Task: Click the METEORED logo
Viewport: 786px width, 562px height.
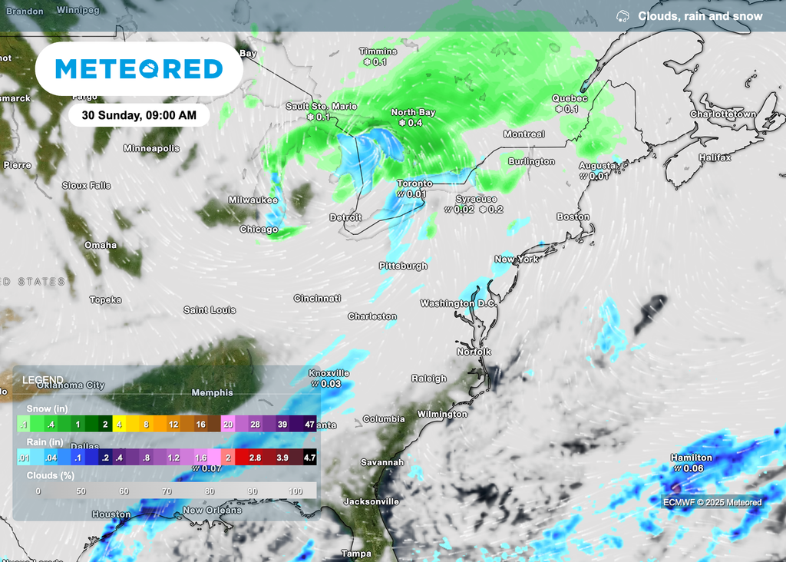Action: (139, 69)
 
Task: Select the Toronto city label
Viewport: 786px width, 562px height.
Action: (414, 183)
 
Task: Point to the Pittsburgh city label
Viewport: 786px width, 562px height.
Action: (403, 266)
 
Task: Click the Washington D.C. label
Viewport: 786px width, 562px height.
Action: (458, 303)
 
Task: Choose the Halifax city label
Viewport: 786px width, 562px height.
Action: (715, 157)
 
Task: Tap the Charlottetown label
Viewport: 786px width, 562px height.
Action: (722, 114)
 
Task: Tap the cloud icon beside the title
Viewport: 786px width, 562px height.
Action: (623, 16)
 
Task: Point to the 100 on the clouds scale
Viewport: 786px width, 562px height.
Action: (296, 491)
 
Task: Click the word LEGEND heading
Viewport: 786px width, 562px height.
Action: (43, 380)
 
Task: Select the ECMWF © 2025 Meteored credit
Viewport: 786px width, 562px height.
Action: (713, 503)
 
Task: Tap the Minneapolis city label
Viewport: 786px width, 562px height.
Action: (151, 148)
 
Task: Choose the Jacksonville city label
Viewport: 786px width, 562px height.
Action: (372, 501)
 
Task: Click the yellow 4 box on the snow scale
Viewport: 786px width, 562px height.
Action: (120, 424)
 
